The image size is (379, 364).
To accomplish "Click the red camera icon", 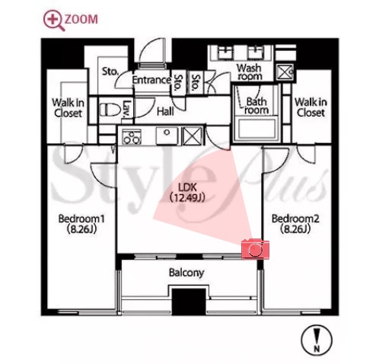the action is (255, 249).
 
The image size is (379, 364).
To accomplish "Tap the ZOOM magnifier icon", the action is (53, 21).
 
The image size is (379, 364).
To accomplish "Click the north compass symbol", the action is (317, 340).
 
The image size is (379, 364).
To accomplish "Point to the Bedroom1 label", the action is (81, 224).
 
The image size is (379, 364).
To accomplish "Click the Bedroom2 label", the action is (295, 224).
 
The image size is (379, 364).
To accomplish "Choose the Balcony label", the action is (186, 273).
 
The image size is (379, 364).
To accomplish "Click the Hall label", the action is (165, 111).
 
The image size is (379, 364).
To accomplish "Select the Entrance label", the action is (151, 80).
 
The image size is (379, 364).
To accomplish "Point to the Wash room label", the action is (249, 72).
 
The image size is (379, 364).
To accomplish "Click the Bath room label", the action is (256, 106).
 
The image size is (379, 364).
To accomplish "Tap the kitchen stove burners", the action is (132, 137).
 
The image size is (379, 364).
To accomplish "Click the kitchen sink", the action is (167, 136).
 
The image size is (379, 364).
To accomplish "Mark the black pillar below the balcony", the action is (189, 302).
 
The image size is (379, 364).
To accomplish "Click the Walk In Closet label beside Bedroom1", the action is (68, 108).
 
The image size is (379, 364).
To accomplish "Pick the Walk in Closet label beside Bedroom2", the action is (311, 107).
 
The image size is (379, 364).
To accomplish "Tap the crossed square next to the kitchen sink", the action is (192, 136).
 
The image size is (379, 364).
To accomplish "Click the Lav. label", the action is (126, 109).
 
